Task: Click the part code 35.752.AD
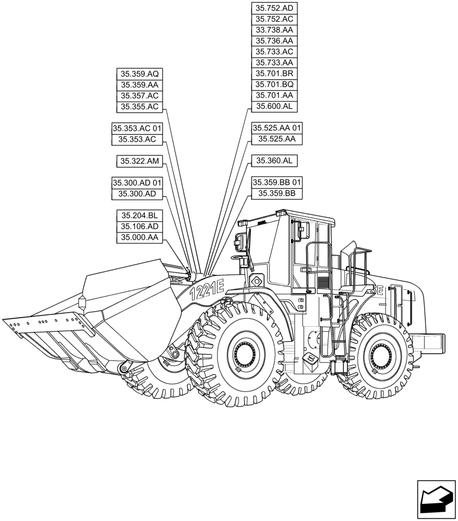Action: click(274, 8)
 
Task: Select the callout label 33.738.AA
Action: click(274, 30)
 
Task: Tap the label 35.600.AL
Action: click(274, 106)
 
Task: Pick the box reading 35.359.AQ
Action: click(139, 73)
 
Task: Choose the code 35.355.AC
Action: click(139, 106)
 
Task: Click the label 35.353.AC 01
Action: click(137, 128)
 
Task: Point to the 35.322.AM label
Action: click(139, 161)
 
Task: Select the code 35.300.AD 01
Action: click(137, 183)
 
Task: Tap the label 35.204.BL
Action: click(139, 216)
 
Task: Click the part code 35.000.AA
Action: click(139, 238)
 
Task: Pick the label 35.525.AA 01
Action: click(277, 128)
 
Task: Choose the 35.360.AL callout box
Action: click(274, 161)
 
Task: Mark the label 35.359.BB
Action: click(277, 194)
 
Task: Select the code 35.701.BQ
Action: click(274, 84)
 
